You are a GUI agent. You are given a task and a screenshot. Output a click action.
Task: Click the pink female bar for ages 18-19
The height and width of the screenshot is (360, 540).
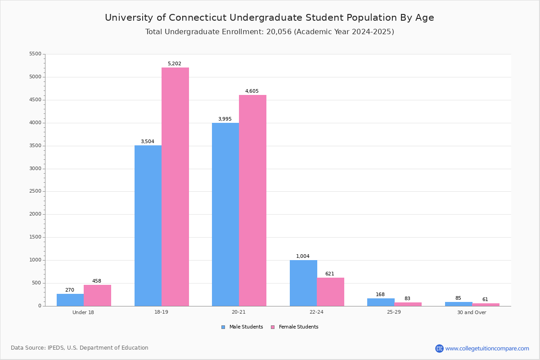tap(175, 187)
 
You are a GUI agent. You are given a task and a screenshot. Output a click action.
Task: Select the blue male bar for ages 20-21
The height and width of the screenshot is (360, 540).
tap(225, 214)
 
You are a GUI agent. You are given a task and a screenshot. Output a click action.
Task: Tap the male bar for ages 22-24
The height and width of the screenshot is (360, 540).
tap(303, 283)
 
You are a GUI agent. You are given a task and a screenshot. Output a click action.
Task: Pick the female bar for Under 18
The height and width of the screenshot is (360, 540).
tap(97, 295)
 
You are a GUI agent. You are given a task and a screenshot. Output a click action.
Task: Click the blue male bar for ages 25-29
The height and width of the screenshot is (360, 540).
tap(381, 302)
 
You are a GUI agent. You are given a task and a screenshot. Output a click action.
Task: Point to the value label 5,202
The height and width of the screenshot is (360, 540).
tap(175, 64)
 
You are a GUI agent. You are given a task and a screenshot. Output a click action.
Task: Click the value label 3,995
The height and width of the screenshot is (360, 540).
tap(225, 119)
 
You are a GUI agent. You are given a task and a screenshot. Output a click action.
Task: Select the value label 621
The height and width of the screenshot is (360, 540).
tap(330, 274)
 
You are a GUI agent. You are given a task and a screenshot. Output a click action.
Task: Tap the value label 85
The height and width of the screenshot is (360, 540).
tap(458, 298)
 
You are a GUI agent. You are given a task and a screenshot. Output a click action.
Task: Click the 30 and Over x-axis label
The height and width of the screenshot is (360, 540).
tap(472, 312)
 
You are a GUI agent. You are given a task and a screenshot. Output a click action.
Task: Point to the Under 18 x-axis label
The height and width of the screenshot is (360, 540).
tap(83, 312)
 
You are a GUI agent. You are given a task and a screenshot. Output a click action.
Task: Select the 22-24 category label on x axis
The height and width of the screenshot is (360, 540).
tap(316, 312)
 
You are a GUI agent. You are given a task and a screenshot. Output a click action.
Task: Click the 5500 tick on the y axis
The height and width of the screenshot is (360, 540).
tap(35, 54)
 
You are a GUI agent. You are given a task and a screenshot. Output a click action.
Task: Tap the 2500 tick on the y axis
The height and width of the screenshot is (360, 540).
tap(35, 191)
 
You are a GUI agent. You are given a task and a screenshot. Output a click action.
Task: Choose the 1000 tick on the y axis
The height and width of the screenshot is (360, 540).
tap(35, 260)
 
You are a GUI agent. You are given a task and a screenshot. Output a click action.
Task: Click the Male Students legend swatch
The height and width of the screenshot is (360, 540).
tap(223, 327)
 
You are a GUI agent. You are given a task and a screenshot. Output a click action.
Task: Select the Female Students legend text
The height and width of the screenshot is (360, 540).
tap(298, 327)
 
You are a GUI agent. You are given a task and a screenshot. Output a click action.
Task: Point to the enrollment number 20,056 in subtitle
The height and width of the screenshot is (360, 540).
tap(278, 32)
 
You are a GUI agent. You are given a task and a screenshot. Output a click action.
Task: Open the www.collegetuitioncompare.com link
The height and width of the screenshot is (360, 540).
tap(487, 348)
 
